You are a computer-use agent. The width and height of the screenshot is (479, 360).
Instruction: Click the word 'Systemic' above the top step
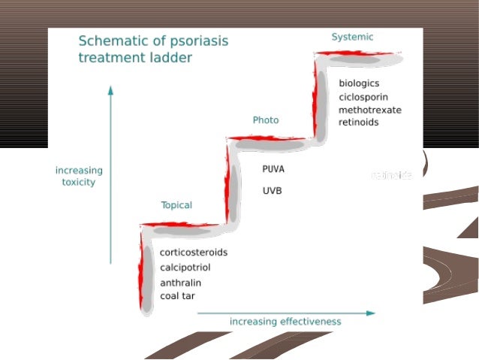(352, 37)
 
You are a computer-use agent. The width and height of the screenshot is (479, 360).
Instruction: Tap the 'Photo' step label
(265, 120)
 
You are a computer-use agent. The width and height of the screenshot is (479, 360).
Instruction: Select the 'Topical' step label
(176, 205)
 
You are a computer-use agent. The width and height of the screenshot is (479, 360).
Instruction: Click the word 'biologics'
(359, 83)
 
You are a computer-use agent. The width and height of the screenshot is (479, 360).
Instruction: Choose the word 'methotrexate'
(369, 110)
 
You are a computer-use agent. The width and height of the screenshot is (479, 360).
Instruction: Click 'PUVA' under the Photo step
(273, 169)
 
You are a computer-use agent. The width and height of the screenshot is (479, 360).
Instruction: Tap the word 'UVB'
(272, 191)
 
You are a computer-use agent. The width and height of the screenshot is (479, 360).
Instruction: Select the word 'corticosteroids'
(193, 253)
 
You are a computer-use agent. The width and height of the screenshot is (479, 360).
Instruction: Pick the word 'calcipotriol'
(185, 268)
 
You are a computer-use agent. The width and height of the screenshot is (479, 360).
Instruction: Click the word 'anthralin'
(180, 283)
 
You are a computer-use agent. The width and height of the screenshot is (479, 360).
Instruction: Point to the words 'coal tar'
(178, 295)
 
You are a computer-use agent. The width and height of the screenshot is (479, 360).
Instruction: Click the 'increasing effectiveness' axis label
(285, 322)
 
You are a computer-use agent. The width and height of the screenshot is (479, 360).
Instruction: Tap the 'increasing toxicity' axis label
(79, 176)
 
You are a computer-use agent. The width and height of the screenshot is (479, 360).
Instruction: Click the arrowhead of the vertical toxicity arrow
(110, 89)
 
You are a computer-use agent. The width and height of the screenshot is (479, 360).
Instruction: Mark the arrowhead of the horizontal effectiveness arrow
(371, 313)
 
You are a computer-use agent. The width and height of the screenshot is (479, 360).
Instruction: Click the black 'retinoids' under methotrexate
(358, 123)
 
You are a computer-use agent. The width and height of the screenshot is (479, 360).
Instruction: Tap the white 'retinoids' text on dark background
(392, 175)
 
